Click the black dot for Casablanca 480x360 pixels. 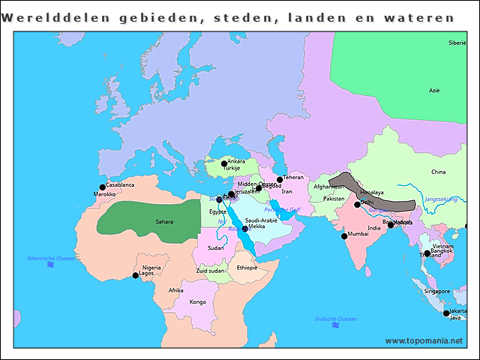(x=103, y=187)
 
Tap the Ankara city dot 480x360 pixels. (x=223, y=163)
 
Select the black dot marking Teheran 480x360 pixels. (x=280, y=180)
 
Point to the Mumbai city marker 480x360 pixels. (x=344, y=236)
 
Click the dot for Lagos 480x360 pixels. (x=136, y=276)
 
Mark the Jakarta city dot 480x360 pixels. (x=446, y=313)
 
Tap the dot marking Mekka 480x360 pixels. (x=245, y=229)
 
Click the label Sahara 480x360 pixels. (x=164, y=222)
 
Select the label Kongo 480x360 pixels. (x=197, y=302)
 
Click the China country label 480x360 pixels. (x=438, y=172)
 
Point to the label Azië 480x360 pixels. (x=433, y=90)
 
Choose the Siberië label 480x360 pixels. (x=457, y=43)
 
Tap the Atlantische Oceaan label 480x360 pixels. (x=51, y=258)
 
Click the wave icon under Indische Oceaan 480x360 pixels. (x=335, y=326)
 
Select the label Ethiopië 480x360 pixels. (x=246, y=268)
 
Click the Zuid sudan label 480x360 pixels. (x=211, y=271)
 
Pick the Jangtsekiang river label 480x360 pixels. (x=440, y=199)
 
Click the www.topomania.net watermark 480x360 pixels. (x=424, y=340)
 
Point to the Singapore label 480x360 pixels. (x=436, y=291)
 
